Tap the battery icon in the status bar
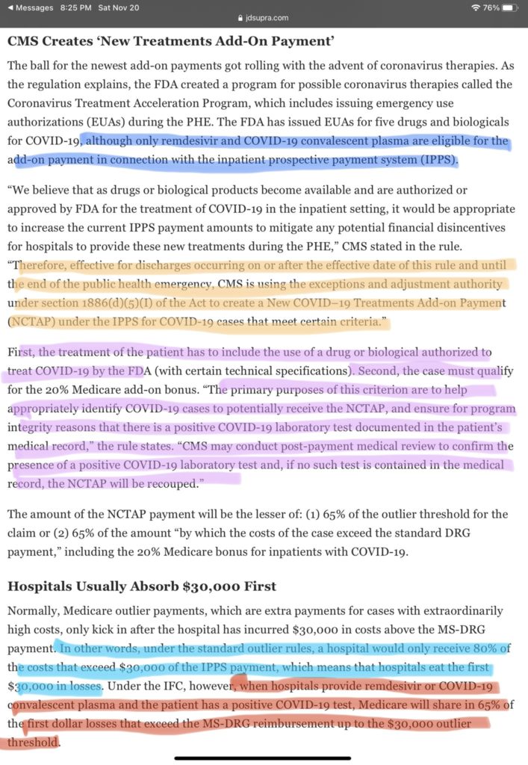(509, 7)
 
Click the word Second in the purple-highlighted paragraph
(382, 370)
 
